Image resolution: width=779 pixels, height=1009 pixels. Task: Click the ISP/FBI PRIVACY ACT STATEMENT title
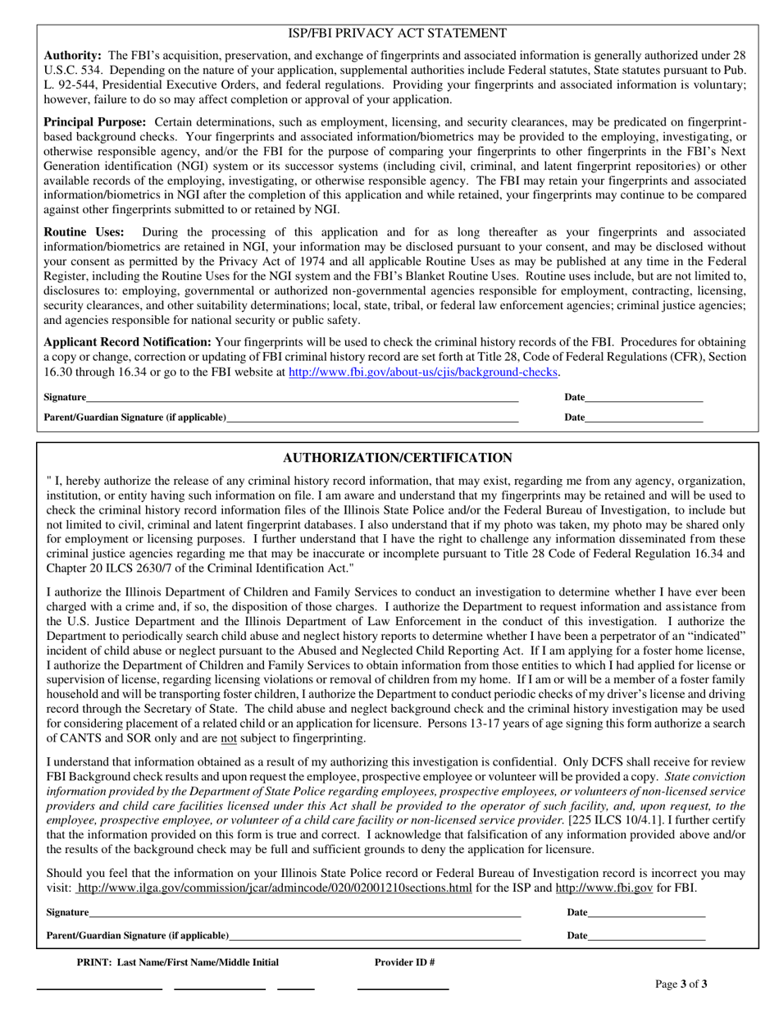[397, 33]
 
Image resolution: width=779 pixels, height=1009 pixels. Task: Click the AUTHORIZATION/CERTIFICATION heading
[398, 458]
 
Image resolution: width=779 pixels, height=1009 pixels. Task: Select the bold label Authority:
[72, 55]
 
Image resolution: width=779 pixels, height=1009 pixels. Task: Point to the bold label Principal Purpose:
[94, 121]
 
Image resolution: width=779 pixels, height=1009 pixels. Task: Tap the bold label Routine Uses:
[84, 232]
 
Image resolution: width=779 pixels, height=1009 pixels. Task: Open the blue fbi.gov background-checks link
[423, 372]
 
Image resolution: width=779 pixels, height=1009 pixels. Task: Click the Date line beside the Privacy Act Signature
[644, 399]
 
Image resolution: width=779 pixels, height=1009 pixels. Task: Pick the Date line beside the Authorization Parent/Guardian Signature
[646, 937]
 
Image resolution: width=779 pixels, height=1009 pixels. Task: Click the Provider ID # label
[404, 962]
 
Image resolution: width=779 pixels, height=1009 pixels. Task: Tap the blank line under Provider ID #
[403, 988]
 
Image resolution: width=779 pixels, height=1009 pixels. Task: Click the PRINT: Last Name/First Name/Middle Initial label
[177, 962]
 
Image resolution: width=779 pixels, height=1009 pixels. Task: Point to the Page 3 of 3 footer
[681, 984]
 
